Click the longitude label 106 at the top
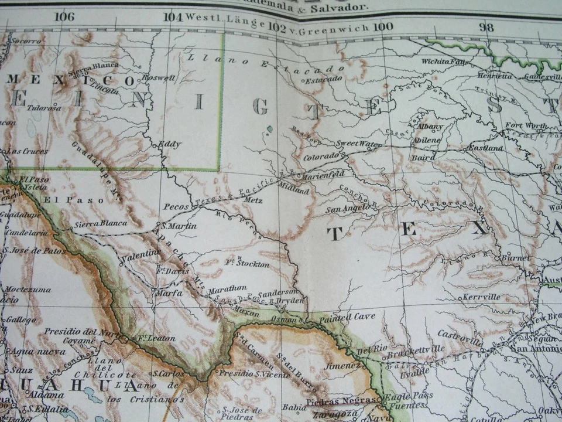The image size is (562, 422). point(64,16)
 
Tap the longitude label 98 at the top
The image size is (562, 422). point(486,27)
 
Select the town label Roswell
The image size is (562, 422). point(162,77)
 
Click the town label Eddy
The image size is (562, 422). point(170,144)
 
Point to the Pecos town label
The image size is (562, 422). point(176,207)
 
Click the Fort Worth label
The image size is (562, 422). point(526,126)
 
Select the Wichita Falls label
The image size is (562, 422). point(446,61)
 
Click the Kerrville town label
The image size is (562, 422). point(481,297)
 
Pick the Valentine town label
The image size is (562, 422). point(140,253)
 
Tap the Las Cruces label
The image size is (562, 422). point(28,151)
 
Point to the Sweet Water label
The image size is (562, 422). point(358,144)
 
